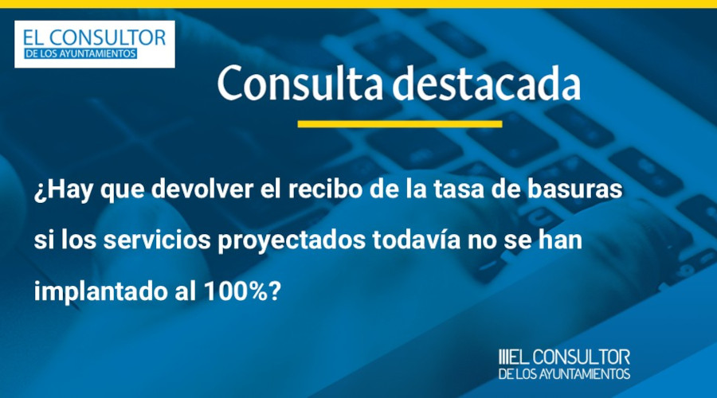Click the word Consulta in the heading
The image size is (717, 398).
(x=300, y=83)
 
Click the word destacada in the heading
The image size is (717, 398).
(x=487, y=83)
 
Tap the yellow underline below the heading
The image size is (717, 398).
(x=400, y=124)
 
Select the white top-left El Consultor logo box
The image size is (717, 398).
(x=95, y=45)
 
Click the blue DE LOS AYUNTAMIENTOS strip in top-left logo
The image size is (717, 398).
(x=80, y=53)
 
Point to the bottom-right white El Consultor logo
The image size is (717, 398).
(x=564, y=365)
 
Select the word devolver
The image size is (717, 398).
(x=202, y=189)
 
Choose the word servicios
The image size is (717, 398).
(x=157, y=240)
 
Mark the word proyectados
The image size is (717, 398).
(x=292, y=242)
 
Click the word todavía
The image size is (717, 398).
(x=416, y=240)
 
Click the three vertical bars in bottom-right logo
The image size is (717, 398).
(x=503, y=357)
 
